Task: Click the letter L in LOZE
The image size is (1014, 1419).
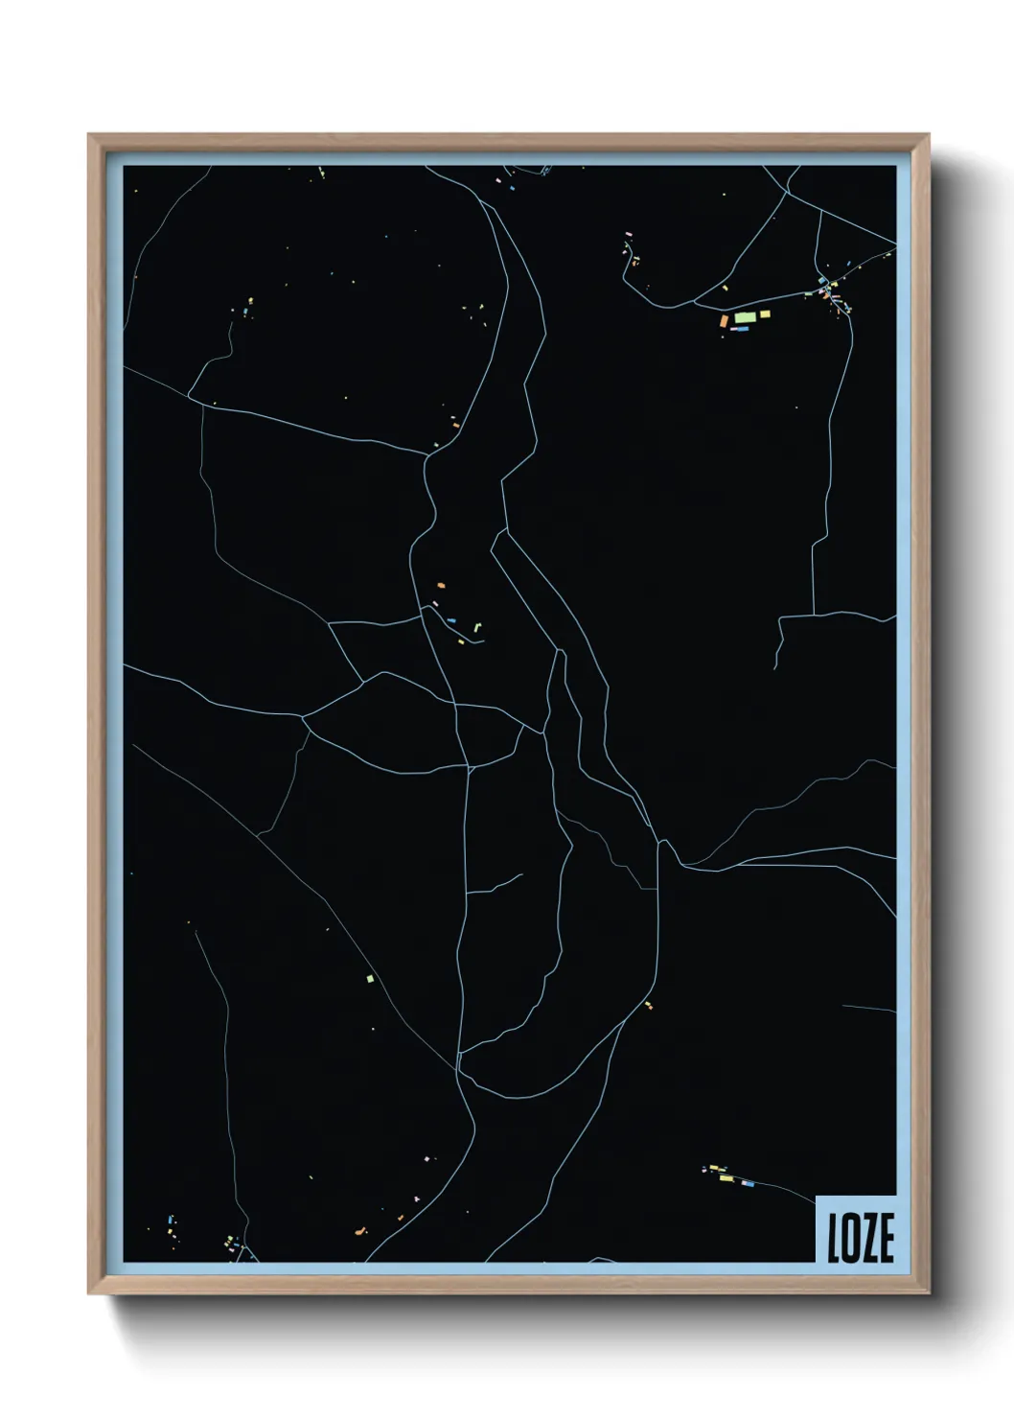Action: coord(833,1238)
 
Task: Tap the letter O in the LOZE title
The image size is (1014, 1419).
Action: coord(849,1238)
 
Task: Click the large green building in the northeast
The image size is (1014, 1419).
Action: coord(745,316)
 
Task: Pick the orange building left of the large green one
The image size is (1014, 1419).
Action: coord(725,321)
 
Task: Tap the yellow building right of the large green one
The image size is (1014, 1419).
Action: coord(765,314)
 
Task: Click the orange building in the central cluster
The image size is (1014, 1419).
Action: coord(441,584)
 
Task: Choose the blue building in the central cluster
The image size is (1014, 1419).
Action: coord(451,621)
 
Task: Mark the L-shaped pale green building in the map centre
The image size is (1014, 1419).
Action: coord(477,628)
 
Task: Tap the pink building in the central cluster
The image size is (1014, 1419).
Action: coord(435,603)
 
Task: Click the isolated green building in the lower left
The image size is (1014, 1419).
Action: coord(370,979)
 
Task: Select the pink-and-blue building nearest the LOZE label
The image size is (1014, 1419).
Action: coord(748,1184)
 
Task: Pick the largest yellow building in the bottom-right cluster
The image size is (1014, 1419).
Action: coord(726,1177)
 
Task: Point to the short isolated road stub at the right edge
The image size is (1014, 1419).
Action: coord(868,1008)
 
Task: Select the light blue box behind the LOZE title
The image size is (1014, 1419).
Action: coord(857,1228)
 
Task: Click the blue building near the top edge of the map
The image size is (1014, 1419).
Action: coord(513,190)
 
